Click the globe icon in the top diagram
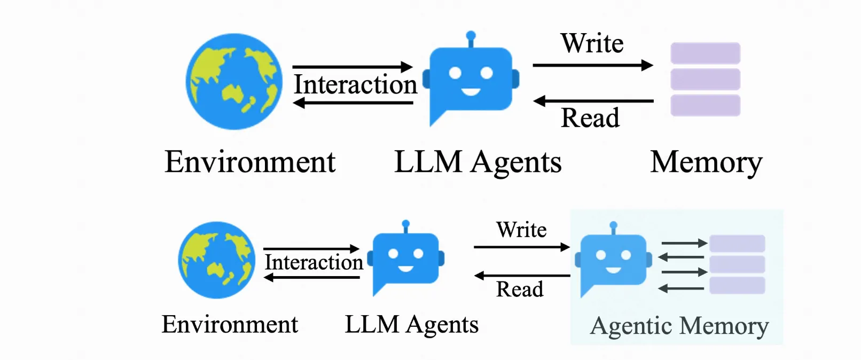(234, 82)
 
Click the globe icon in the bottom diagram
(217, 260)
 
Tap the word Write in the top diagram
(592, 43)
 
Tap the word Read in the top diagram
(590, 118)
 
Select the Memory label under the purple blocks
(706, 162)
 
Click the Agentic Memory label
(679, 326)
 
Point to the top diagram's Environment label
(250, 162)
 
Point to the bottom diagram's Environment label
(230, 325)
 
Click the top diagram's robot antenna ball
(471, 36)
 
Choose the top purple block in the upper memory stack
(705, 53)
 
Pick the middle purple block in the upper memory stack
(705, 79)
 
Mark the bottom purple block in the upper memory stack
(705, 105)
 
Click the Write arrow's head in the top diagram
(647, 66)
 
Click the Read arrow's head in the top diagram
(539, 100)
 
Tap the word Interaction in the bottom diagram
(314, 262)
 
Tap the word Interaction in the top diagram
(355, 84)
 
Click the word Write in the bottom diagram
(521, 230)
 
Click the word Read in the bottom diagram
(519, 289)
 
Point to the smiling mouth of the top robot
(471, 92)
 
